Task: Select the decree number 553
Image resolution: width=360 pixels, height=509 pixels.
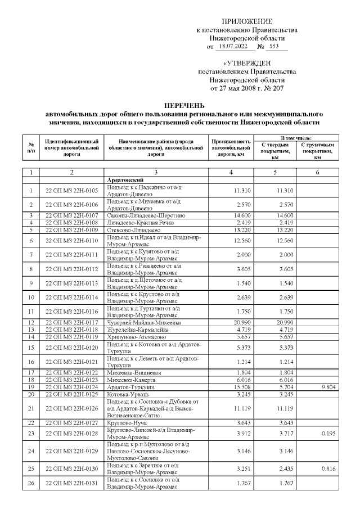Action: coord(275,47)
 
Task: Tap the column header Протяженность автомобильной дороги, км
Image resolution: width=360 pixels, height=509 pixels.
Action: coord(231,147)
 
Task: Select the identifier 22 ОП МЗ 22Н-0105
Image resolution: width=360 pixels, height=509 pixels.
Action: coord(71,191)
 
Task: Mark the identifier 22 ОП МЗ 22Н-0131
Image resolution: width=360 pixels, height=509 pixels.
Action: coord(71,498)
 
